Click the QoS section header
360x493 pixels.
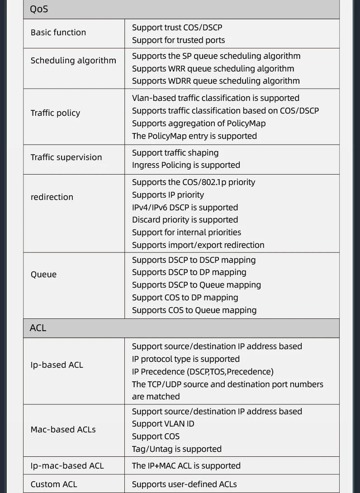(x=39, y=9)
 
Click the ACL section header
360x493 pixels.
(x=38, y=328)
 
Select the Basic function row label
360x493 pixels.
(x=58, y=33)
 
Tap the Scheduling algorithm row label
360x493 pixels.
(x=73, y=61)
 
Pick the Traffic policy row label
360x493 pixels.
(x=55, y=113)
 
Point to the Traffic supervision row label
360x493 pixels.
(x=66, y=157)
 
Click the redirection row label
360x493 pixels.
(x=52, y=197)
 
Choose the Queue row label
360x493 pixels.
(x=43, y=275)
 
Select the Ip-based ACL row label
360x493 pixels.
(x=57, y=365)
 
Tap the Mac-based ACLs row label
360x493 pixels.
(x=63, y=430)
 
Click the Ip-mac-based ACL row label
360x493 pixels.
(x=67, y=466)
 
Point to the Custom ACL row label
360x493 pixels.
(x=54, y=484)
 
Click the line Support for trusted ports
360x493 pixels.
(x=178, y=40)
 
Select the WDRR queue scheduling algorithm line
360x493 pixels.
(x=216, y=81)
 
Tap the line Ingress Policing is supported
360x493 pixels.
(x=186, y=165)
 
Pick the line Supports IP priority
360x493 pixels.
(x=168, y=195)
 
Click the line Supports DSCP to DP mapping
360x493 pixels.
(x=189, y=272)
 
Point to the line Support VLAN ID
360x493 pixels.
(x=163, y=424)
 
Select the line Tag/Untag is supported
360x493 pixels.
(x=176, y=449)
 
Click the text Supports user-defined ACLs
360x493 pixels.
(x=184, y=484)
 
